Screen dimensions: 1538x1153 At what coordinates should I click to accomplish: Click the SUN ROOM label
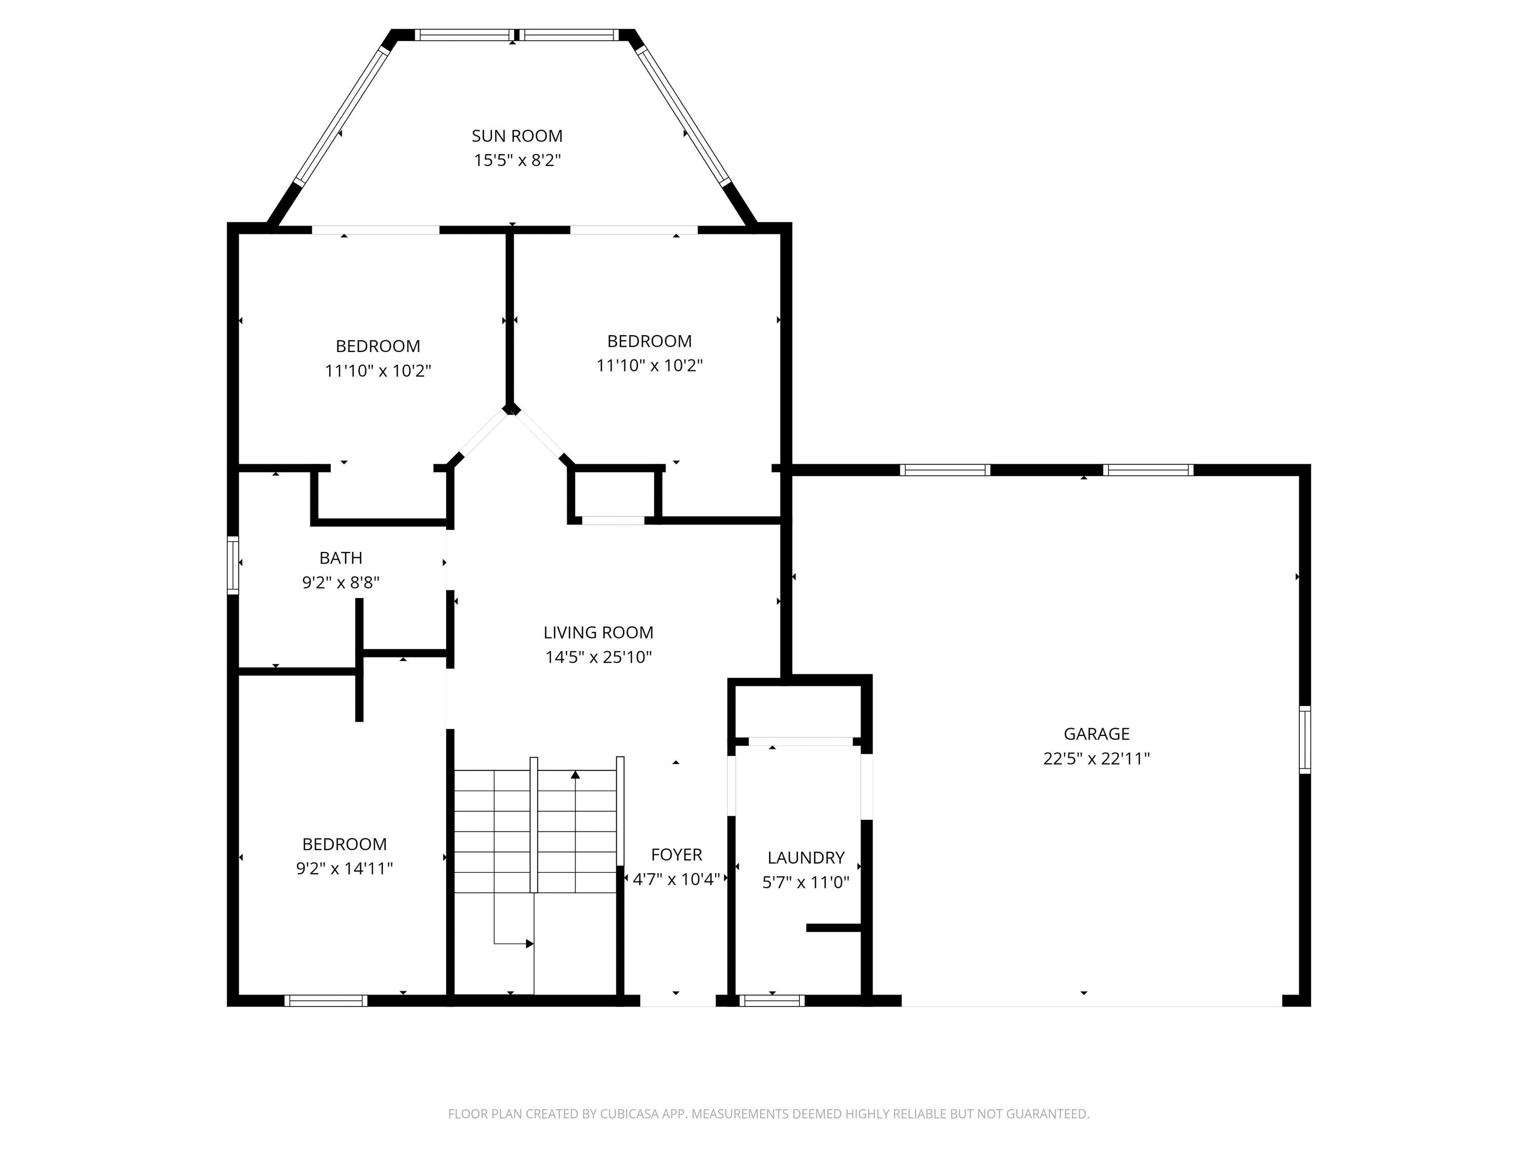click(517, 136)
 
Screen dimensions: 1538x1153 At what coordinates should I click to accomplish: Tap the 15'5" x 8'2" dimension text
click(517, 160)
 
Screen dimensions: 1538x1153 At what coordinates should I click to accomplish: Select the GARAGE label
click(1097, 734)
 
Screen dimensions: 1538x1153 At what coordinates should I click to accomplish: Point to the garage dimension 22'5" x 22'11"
click(1097, 759)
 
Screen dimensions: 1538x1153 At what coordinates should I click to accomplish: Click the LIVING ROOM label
click(598, 632)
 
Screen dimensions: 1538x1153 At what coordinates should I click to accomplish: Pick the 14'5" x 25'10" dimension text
click(598, 657)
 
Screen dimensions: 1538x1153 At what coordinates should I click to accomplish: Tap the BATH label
click(341, 558)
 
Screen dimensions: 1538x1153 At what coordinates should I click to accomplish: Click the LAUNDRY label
click(806, 858)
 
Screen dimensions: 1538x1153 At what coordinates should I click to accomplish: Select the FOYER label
click(677, 855)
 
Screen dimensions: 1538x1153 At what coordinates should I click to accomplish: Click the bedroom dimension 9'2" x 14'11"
click(344, 869)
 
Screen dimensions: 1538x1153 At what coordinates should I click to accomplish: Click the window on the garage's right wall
click(1305, 739)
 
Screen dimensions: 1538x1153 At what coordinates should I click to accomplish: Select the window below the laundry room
click(771, 1001)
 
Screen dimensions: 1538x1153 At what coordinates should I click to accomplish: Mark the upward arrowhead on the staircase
click(575, 774)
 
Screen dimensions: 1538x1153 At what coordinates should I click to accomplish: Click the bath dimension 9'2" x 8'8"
click(341, 583)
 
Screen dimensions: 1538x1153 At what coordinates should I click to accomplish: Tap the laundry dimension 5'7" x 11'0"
click(806, 882)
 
